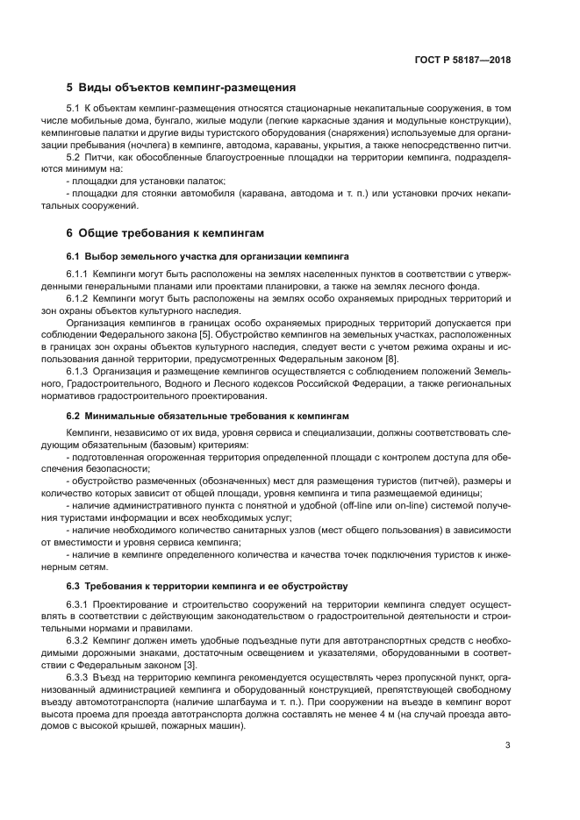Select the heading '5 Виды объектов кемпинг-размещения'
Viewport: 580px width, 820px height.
pyautogui.click(x=181, y=88)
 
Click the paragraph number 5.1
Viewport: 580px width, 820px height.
pyautogui.click(x=74, y=108)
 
